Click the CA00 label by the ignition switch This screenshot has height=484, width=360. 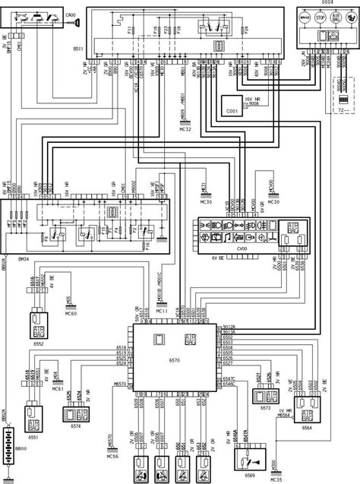(x=69, y=14)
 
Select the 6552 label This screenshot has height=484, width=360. (x=38, y=343)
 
